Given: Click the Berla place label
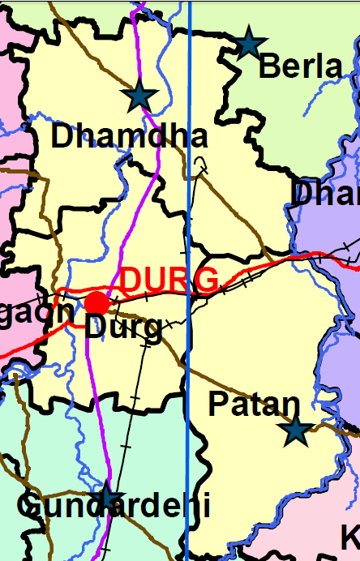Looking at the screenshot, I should [300, 67].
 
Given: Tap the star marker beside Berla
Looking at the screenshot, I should [249, 42].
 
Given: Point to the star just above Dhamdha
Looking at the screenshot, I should [139, 96].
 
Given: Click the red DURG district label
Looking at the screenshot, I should [169, 280].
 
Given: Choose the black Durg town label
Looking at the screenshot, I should [123, 328].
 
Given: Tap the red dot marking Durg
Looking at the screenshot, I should [96, 303].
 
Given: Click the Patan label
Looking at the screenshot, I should [254, 403].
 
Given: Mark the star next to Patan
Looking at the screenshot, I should [296, 431].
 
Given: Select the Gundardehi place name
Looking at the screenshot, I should [114, 507].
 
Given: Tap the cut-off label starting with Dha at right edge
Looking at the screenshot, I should [325, 195].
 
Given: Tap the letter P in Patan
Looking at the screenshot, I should [218, 403].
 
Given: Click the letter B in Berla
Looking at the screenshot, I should [268, 67].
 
